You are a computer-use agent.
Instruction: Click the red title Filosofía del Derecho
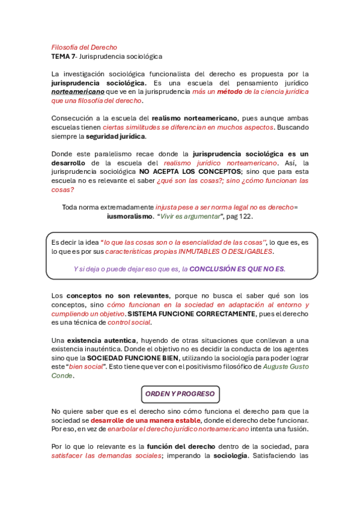[84, 47]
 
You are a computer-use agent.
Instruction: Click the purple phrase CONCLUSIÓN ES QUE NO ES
[237, 269]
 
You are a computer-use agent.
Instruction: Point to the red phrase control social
[129, 322]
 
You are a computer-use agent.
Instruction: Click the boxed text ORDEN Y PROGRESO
[180, 394]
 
